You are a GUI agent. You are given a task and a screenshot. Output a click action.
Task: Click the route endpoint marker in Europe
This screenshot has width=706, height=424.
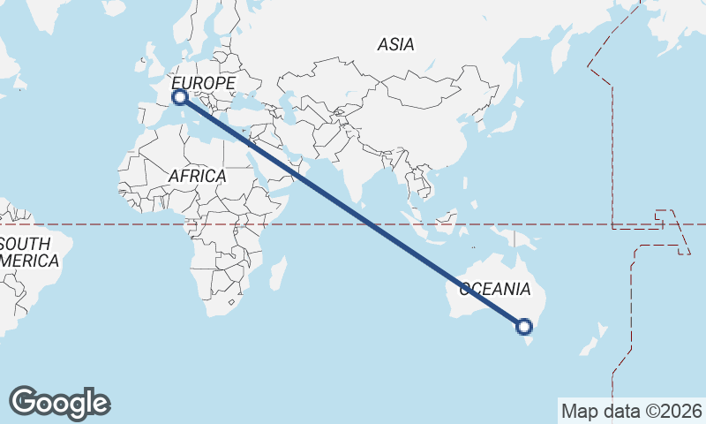click(179, 98)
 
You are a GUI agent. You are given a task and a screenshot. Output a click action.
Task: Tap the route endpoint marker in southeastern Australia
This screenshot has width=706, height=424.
click(524, 327)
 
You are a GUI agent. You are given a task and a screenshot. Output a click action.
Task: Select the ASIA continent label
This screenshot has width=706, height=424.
click(395, 44)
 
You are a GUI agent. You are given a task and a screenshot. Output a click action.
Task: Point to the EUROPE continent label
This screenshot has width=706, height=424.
click(204, 83)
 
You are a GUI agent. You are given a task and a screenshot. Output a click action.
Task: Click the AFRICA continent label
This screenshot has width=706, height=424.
click(197, 176)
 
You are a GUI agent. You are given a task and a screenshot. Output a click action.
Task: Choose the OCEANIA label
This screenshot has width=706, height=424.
click(494, 289)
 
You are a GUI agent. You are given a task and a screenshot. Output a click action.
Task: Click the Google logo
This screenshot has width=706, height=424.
click(59, 403)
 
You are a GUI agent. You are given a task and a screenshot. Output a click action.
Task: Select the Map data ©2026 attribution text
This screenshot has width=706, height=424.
click(631, 411)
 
